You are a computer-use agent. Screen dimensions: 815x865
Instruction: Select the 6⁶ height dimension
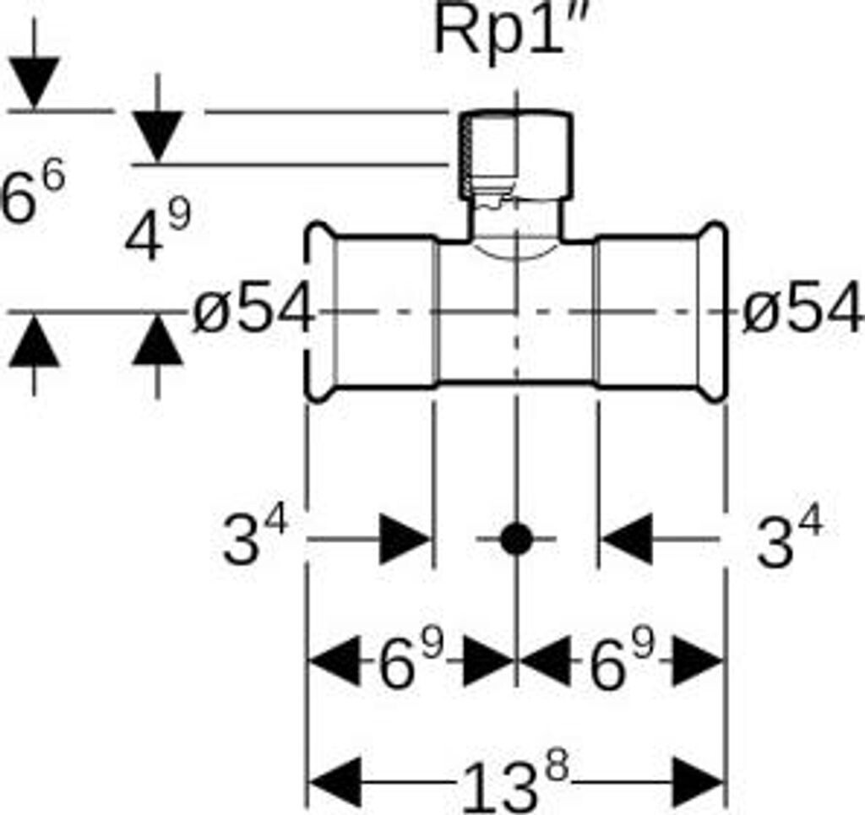pos(32,196)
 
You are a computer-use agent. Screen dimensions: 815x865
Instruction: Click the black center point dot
pos(515,538)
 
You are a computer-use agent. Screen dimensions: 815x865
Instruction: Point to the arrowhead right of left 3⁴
pos(405,538)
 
